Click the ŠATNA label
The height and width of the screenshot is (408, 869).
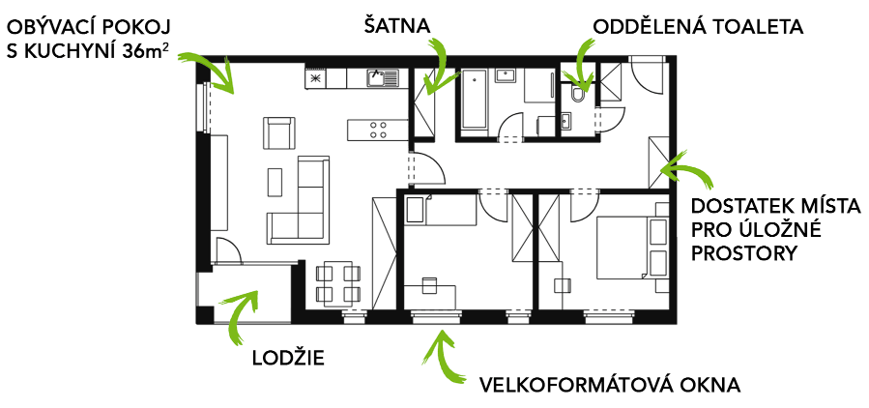click(397, 25)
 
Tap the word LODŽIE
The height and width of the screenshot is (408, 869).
click(288, 358)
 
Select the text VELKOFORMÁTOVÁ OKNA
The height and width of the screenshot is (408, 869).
click(610, 385)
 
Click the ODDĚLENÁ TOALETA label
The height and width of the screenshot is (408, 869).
click(698, 26)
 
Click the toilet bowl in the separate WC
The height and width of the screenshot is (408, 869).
click(579, 95)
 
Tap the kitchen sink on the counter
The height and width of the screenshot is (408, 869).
click(383, 77)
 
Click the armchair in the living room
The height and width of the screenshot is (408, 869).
click(278, 133)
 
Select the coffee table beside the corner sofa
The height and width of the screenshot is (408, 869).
click(275, 182)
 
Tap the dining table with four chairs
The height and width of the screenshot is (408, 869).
click(337, 282)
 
